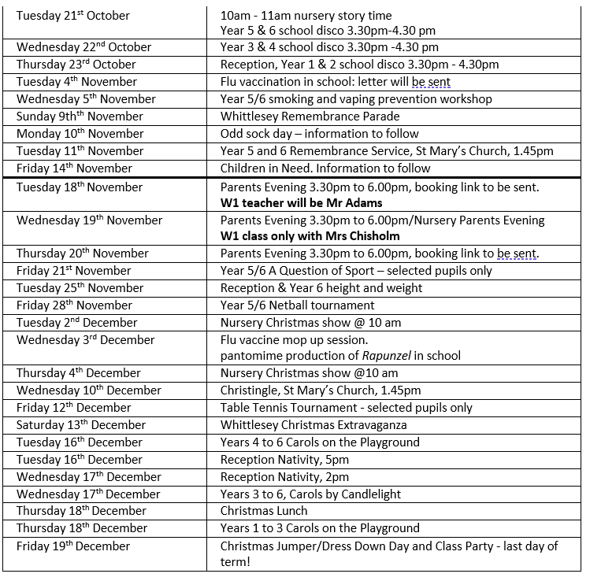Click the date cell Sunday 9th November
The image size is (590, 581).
pyautogui.click(x=80, y=117)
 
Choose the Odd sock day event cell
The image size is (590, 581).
pyautogui.click(x=319, y=134)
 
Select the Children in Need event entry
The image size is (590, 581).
pyautogui.click(x=325, y=168)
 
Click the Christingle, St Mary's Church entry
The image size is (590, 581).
pyautogui.click(x=321, y=390)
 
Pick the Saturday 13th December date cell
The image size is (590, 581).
pyautogui.click(x=81, y=425)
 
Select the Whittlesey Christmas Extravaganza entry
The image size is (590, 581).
pyautogui.click(x=325, y=425)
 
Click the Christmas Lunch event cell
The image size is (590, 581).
pyautogui.click(x=264, y=511)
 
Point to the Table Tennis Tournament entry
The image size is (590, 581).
pyautogui.click(x=347, y=408)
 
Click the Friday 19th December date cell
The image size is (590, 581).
pyautogui.click(x=73, y=546)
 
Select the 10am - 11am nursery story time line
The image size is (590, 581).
pyautogui.click(x=306, y=16)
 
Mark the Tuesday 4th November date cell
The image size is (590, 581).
pyautogui.click(x=78, y=82)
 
